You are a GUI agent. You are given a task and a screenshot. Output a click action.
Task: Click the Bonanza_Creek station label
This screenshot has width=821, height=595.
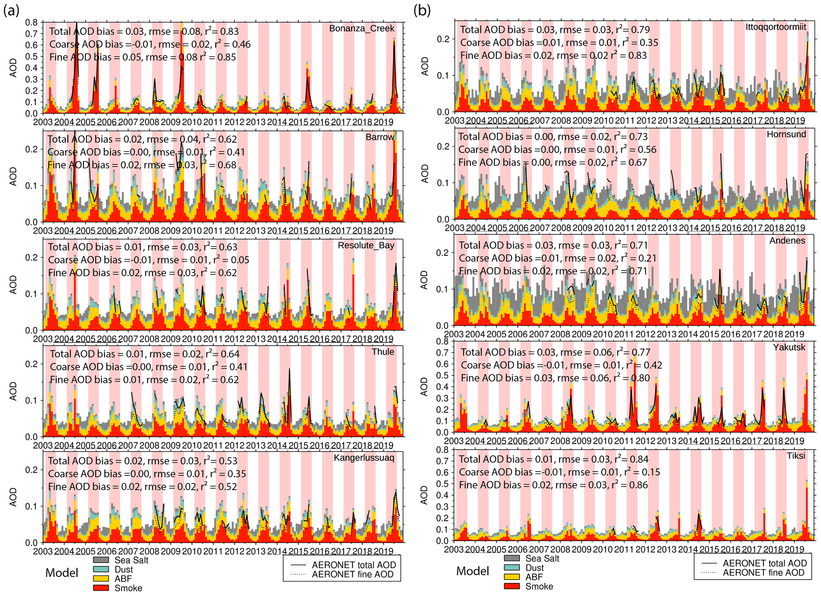(361, 29)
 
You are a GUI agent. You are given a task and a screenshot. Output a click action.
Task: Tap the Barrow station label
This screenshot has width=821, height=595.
(380, 137)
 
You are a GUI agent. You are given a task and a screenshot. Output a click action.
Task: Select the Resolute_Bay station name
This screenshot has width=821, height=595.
(366, 245)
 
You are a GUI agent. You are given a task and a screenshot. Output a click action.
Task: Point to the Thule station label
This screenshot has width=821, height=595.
(383, 352)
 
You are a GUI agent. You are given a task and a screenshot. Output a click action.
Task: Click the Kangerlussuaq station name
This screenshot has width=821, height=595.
(364, 458)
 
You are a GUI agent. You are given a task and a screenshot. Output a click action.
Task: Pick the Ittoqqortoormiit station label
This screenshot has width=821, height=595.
(776, 27)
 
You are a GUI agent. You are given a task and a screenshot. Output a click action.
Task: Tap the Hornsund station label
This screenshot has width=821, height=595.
(786, 134)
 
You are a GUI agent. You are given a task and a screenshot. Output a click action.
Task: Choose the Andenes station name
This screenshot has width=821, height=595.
(787, 241)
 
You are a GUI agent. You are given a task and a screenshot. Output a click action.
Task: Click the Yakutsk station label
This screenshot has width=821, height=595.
(789, 348)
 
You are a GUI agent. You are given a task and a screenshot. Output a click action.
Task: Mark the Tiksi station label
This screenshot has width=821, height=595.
(796, 456)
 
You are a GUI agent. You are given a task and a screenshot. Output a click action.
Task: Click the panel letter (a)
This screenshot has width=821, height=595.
(11, 11)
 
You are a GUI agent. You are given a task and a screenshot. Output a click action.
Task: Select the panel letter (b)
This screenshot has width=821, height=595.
(422, 11)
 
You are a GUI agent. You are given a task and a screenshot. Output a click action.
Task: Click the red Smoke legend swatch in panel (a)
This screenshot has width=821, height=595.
(101, 587)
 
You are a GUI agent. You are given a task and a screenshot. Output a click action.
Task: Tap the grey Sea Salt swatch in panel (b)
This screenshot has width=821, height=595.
(512, 558)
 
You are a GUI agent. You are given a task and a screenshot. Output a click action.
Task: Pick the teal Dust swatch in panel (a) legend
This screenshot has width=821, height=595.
(101, 569)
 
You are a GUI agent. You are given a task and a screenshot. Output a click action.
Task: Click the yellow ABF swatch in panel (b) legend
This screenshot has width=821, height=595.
(512, 577)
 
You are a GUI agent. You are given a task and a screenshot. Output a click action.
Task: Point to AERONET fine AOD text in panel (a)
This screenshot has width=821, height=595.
(352, 574)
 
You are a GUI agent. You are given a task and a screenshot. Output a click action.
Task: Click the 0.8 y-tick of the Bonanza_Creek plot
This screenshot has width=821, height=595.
(32, 22)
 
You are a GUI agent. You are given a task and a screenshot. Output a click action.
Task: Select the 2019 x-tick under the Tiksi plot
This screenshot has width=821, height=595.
(794, 549)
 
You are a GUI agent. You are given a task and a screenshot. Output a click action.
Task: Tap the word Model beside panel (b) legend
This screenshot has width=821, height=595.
(472, 571)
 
